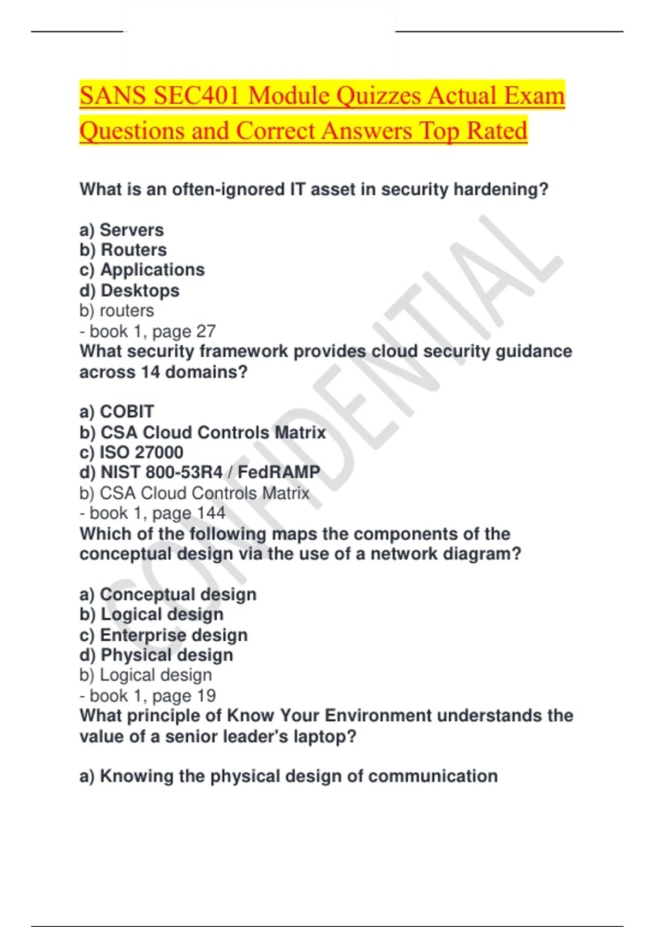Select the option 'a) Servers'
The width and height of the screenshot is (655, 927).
click(x=121, y=230)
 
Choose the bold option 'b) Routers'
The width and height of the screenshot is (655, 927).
click(x=123, y=250)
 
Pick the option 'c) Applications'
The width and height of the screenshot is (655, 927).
click(x=142, y=270)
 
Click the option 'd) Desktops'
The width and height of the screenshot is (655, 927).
click(x=129, y=291)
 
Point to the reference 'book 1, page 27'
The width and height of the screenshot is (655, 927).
click(x=152, y=331)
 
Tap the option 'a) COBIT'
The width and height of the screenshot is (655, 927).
click(x=117, y=412)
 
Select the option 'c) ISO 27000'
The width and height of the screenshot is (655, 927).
click(x=131, y=453)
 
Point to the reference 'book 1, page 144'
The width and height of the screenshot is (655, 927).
click(x=157, y=513)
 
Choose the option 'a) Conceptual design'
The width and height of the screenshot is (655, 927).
click(x=168, y=594)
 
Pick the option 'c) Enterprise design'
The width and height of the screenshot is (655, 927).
click(x=163, y=635)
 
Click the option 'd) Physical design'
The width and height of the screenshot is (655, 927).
click(x=156, y=655)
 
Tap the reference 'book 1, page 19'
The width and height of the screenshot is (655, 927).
click(x=152, y=696)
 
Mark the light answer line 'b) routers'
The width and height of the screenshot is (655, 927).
click(x=117, y=311)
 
